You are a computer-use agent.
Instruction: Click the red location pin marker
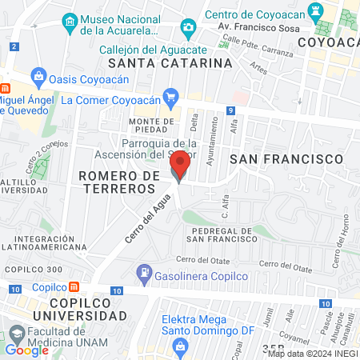(180, 166)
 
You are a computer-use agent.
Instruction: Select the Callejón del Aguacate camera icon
(188, 30)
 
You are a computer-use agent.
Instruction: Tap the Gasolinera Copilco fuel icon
(144, 273)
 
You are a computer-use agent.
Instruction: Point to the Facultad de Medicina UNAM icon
(16, 333)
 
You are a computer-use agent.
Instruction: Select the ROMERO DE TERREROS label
(118, 182)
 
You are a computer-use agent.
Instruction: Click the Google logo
(26, 350)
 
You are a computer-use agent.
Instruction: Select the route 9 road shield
(230, 110)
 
